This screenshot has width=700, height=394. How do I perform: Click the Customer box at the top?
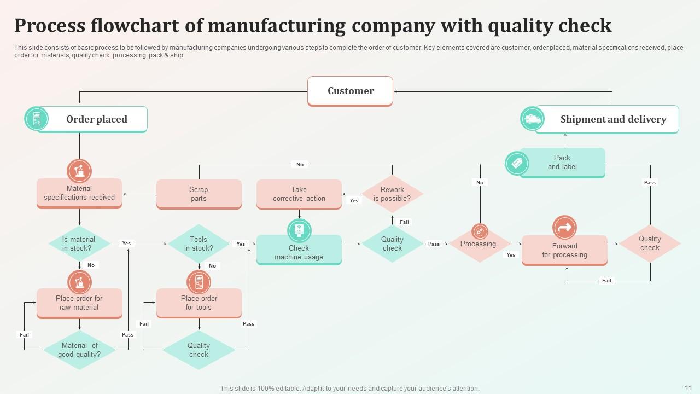coord(350,91)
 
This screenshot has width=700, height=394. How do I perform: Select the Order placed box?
coord(97,119)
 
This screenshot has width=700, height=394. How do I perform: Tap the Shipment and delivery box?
coord(612,119)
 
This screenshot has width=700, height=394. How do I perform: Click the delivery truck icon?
coord(532,119)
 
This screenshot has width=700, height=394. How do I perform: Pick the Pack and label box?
coord(562,163)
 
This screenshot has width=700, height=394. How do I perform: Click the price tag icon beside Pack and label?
coord(517,163)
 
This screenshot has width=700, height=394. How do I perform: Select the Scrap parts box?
coord(199,194)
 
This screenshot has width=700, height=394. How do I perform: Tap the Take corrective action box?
coord(299,194)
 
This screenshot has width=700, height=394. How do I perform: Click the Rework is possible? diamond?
coord(392,194)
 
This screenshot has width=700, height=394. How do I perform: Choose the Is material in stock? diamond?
coord(79,244)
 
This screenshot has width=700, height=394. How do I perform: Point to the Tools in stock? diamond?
coord(199,244)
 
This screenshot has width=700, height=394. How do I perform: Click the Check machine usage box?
coord(299,252)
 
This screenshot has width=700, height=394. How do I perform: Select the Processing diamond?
coord(479,244)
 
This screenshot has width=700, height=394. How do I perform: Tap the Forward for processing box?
coord(564,251)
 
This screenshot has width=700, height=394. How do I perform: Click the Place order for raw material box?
coord(79,303)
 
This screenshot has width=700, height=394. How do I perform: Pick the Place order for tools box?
coord(199,303)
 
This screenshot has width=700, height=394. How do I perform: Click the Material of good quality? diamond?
coord(79,350)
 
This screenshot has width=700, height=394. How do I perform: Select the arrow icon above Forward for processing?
coord(564,227)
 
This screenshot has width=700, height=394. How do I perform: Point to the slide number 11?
coord(688,386)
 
